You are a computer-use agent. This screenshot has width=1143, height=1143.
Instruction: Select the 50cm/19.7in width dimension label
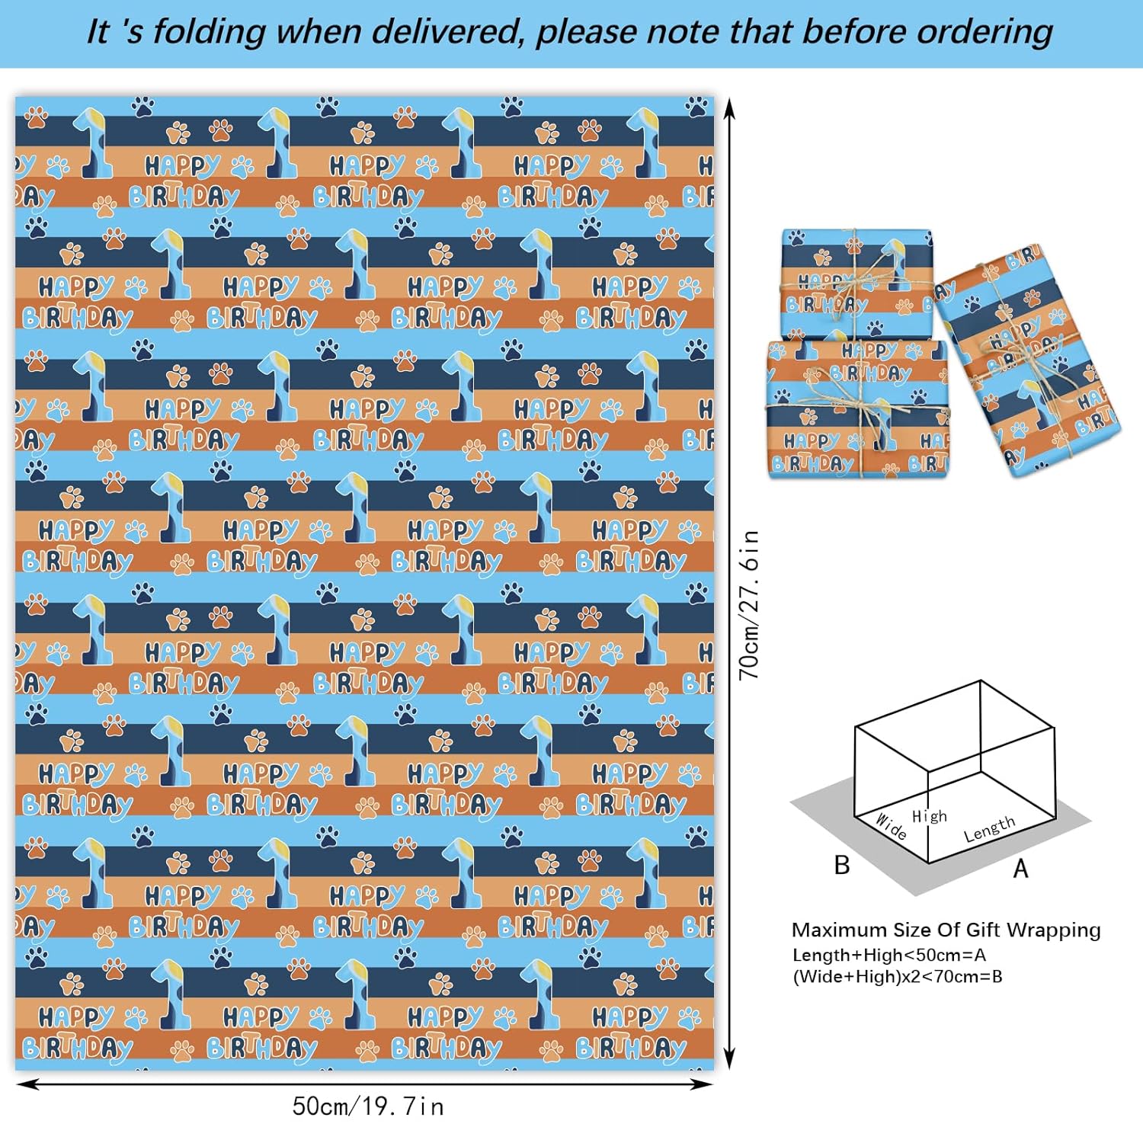click(x=368, y=1106)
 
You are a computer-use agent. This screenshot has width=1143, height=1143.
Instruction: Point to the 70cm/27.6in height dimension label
click(x=750, y=604)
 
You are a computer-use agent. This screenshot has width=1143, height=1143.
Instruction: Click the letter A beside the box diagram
click(x=1020, y=868)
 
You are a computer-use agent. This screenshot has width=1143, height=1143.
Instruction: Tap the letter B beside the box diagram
click(x=842, y=865)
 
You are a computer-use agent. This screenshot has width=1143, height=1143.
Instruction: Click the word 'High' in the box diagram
click(x=930, y=816)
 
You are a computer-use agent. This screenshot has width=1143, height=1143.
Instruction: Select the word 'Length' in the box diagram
click(x=989, y=829)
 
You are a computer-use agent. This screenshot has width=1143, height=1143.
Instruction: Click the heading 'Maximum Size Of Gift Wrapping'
click(x=946, y=930)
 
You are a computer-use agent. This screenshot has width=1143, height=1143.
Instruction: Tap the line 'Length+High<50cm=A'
click(x=889, y=955)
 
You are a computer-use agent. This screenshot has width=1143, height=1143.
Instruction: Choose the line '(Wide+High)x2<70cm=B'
click(x=898, y=977)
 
